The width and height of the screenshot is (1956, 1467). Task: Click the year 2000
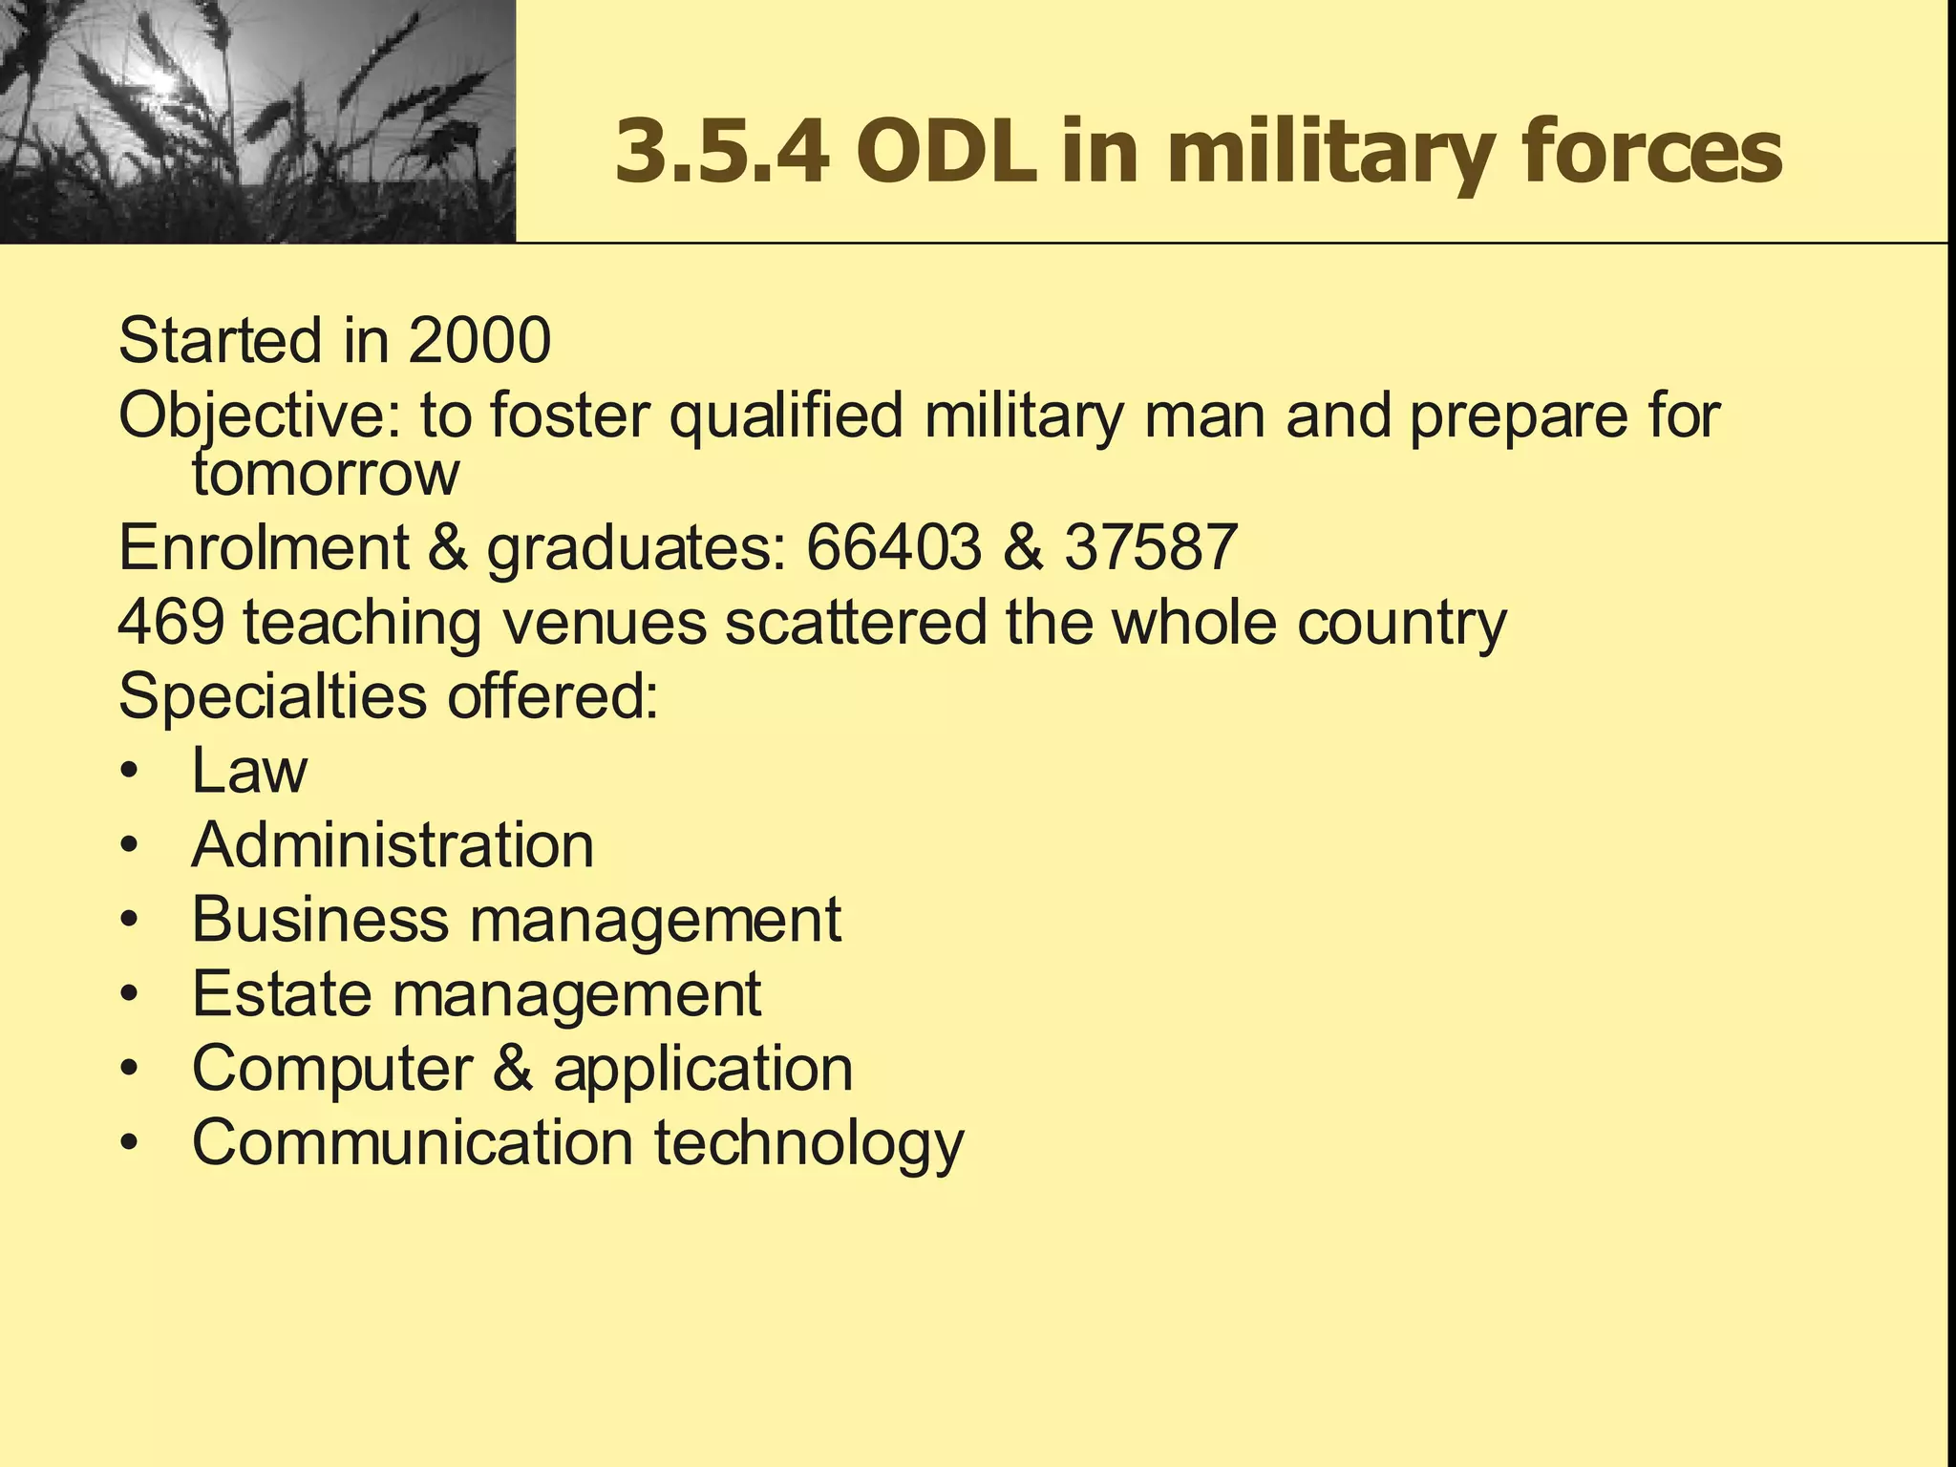pyautogui.click(x=479, y=340)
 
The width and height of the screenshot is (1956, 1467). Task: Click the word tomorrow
pyautogui.click(x=326, y=473)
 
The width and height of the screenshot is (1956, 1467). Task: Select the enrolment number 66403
pyautogui.click(x=893, y=548)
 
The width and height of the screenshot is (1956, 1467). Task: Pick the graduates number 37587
pyautogui.click(x=1151, y=548)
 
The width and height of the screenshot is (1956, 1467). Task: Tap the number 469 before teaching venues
pyautogui.click(x=172, y=622)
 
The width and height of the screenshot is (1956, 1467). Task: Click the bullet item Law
pyautogui.click(x=249, y=771)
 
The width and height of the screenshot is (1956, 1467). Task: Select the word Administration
pyautogui.click(x=393, y=845)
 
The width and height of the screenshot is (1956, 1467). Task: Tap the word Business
pyautogui.click(x=320, y=920)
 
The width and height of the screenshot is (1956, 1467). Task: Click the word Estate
pyautogui.click(x=281, y=994)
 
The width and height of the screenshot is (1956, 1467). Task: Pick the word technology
pyautogui.click(x=809, y=1144)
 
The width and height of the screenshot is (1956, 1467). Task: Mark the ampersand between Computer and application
pyautogui.click(x=513, y=1069)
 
